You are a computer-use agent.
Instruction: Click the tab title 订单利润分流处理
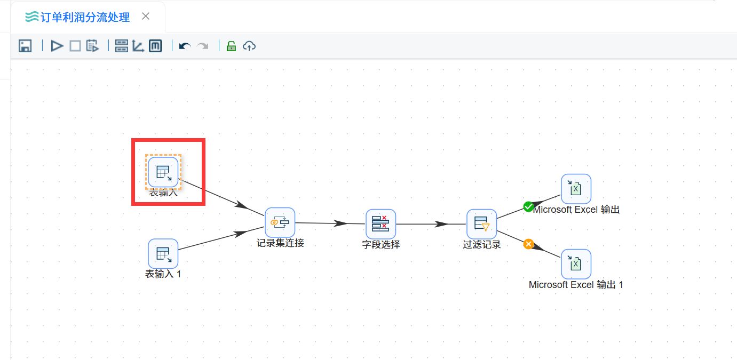click(x=85, y=17)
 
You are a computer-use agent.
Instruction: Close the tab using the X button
click(x=146, y=16)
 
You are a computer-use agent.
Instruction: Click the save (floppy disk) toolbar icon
click(x=25, y=46)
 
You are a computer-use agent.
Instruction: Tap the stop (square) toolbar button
click(x=75, y=46)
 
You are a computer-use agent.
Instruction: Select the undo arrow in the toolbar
click(x=185, y=46)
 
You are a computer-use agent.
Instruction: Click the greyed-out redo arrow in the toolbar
click(x=203, y=46)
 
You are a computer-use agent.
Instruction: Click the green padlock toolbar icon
click(x=231, y=46)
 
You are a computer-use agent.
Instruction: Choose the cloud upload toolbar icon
click(x=249, y=46)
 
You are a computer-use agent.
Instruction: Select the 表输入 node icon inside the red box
click(x=163, y=172)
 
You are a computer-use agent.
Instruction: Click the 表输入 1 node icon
click(x=163, y=253)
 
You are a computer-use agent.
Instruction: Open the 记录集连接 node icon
click(x=280, y=222)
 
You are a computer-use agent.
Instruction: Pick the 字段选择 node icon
click(x=381, y=224)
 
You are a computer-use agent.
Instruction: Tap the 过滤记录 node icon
click(x=482, y=224)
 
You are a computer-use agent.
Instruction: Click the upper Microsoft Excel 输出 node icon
click(x=576, y=189)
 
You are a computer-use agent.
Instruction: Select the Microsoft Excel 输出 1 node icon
click(x=576, y=264)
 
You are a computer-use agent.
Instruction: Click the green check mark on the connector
click(x=528, y=207)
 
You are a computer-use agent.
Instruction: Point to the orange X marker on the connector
click(x=529, y=244)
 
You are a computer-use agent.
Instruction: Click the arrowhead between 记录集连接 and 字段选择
click(x=340, y=223)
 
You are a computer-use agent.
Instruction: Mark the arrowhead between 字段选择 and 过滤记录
click(x=441, y=224)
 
